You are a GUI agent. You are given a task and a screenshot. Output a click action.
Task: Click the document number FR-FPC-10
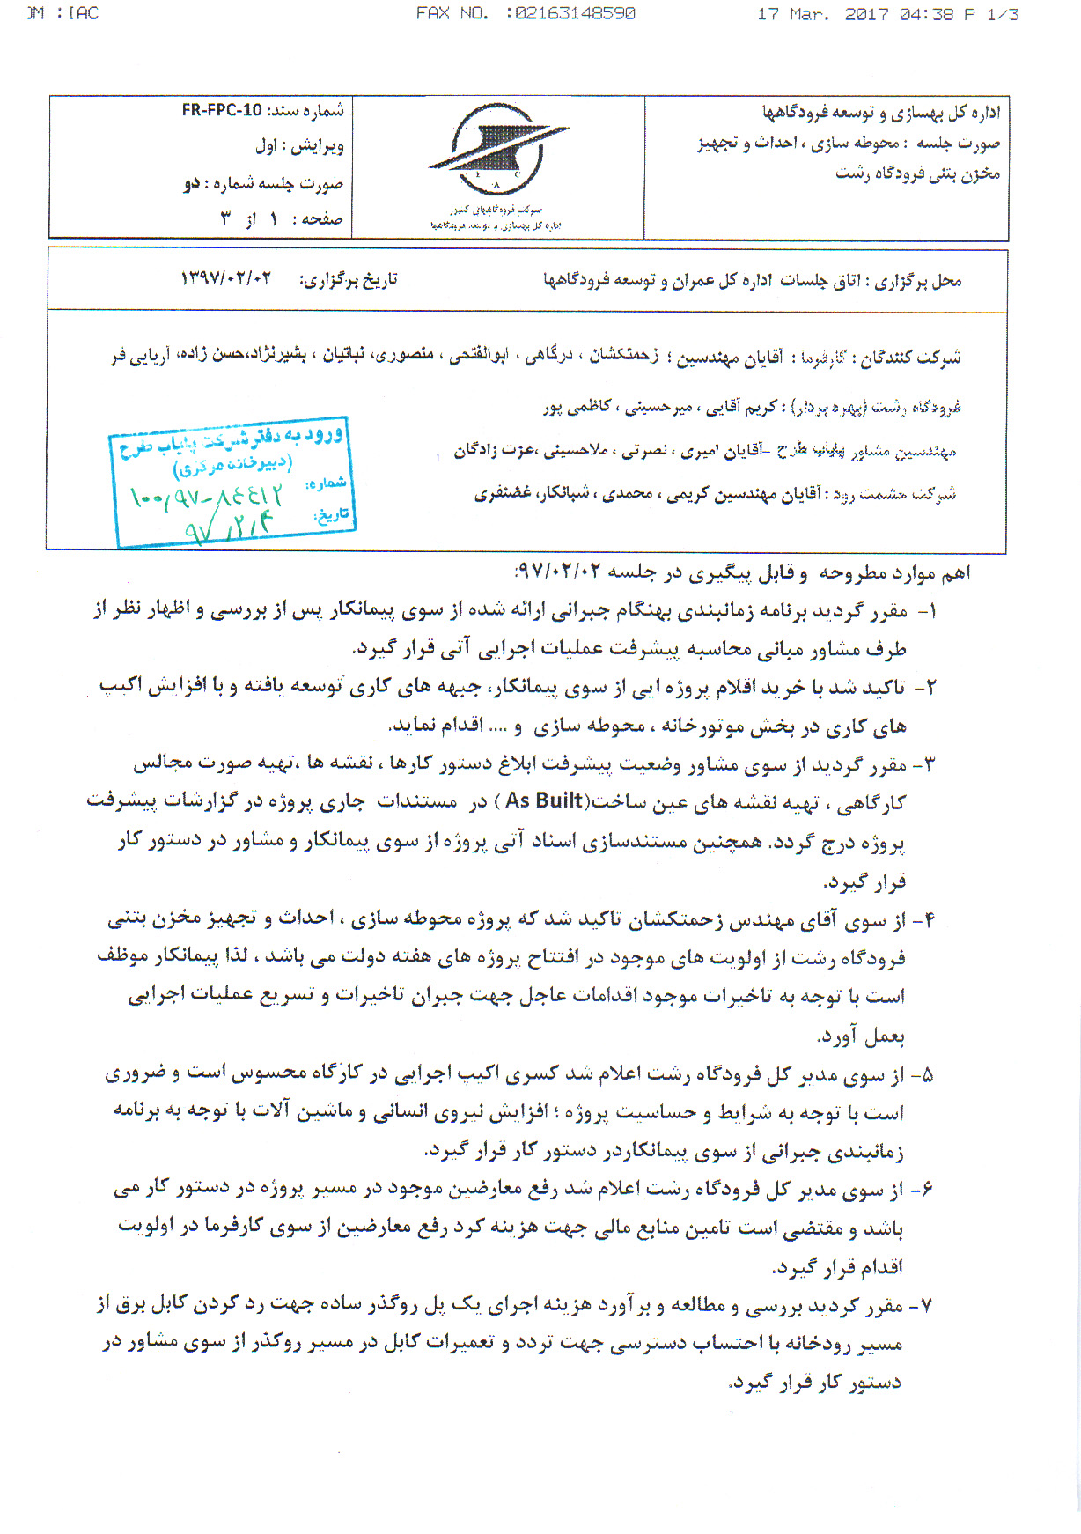(222, 111)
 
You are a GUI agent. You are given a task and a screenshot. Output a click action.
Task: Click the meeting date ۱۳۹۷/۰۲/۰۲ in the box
(226, 279)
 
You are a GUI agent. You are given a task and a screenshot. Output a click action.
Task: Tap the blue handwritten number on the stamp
(208, 498)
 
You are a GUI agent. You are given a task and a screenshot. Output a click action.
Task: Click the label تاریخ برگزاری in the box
(349, 280)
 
